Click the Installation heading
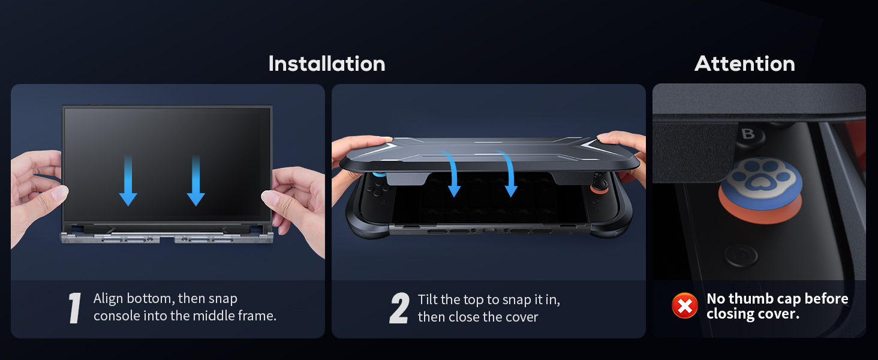tap(327, 64)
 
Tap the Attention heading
tap(745, 64)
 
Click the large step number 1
tap(74, 308)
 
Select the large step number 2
tap(399, 308)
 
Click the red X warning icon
tap(685, 305)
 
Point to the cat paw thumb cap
tap(760, 190)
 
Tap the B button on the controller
tap(748, 134)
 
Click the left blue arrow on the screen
tap(128, 181)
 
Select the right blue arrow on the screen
tap(196, 181)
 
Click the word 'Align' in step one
tap(108, 299)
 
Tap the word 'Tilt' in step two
tap(428, 299)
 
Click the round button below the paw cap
tap(741, 256)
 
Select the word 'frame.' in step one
tap(257, 316)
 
